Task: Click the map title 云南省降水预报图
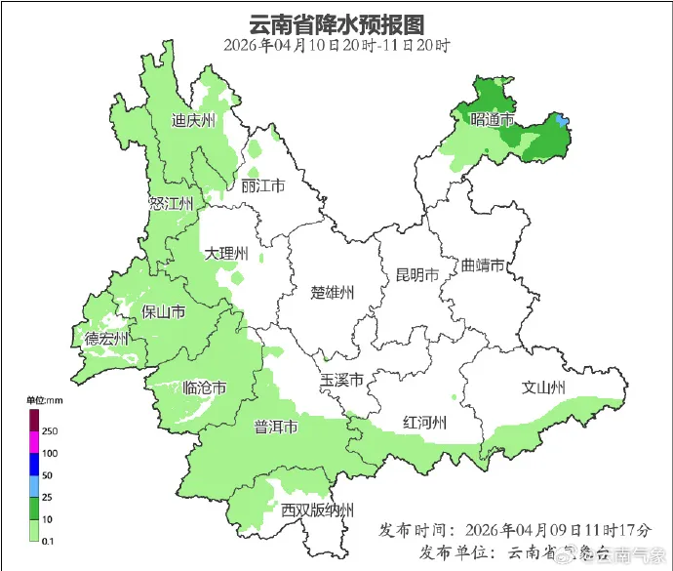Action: (x=336, y=23)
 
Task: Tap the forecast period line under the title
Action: (x=336, y=46)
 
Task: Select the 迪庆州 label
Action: (x=193, y=121)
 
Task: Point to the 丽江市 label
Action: (x=262, y=186)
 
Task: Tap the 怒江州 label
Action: (x=172, y=203)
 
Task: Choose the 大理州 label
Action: (x=226, y=254)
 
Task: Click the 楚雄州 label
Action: (x=333, y=292)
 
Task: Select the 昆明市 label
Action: (x=416, y=274)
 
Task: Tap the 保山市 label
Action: (x=164, y=312)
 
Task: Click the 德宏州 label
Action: (x=106, y=339)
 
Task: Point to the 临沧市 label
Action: (x=205, y=387)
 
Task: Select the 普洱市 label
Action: (x=276, y=428)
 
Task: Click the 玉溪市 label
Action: (x=342, y=380)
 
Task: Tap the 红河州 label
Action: (x=424, y=422)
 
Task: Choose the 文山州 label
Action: (x=544, y=387)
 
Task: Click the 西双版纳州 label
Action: (x=317, y=510)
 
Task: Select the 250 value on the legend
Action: (x=48, y=431)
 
